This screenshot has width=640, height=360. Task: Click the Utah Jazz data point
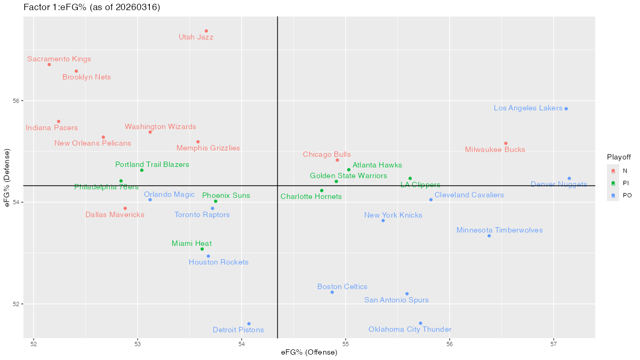click(x=206, y=31)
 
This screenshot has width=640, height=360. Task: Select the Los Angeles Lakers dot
click(x=566, y=109)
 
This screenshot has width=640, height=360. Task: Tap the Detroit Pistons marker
click(x=249, y=324)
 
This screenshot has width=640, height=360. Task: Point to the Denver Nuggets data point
click(x=569, y=179)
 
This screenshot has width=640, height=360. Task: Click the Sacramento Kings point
click(x=49, y=65)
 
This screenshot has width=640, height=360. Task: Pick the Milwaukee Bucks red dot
click(x=506, y=143)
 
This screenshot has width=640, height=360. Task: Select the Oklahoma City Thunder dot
click(x=420, y=323)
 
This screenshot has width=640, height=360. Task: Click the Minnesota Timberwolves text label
click(x=499, y=230)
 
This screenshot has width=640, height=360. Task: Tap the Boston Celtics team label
click(x=342, y=287)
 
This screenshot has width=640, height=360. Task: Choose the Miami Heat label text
click(x=191, y=244)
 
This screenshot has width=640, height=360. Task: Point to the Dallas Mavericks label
click(x=115, y=215)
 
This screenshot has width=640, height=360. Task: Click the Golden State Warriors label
click(x=348, y=175)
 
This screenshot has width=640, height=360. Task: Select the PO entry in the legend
click(x=627, y=195)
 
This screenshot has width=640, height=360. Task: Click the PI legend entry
click(x=627, y=183)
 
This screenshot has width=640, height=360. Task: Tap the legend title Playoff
click(x=619, y=157)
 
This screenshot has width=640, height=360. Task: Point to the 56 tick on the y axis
click(x=15, y=101)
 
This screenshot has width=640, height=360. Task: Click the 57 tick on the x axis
click(x=553, y=342)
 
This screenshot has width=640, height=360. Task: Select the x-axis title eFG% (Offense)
click(x=309, y=352)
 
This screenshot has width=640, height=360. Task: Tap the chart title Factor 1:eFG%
click(x=92, y=7)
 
